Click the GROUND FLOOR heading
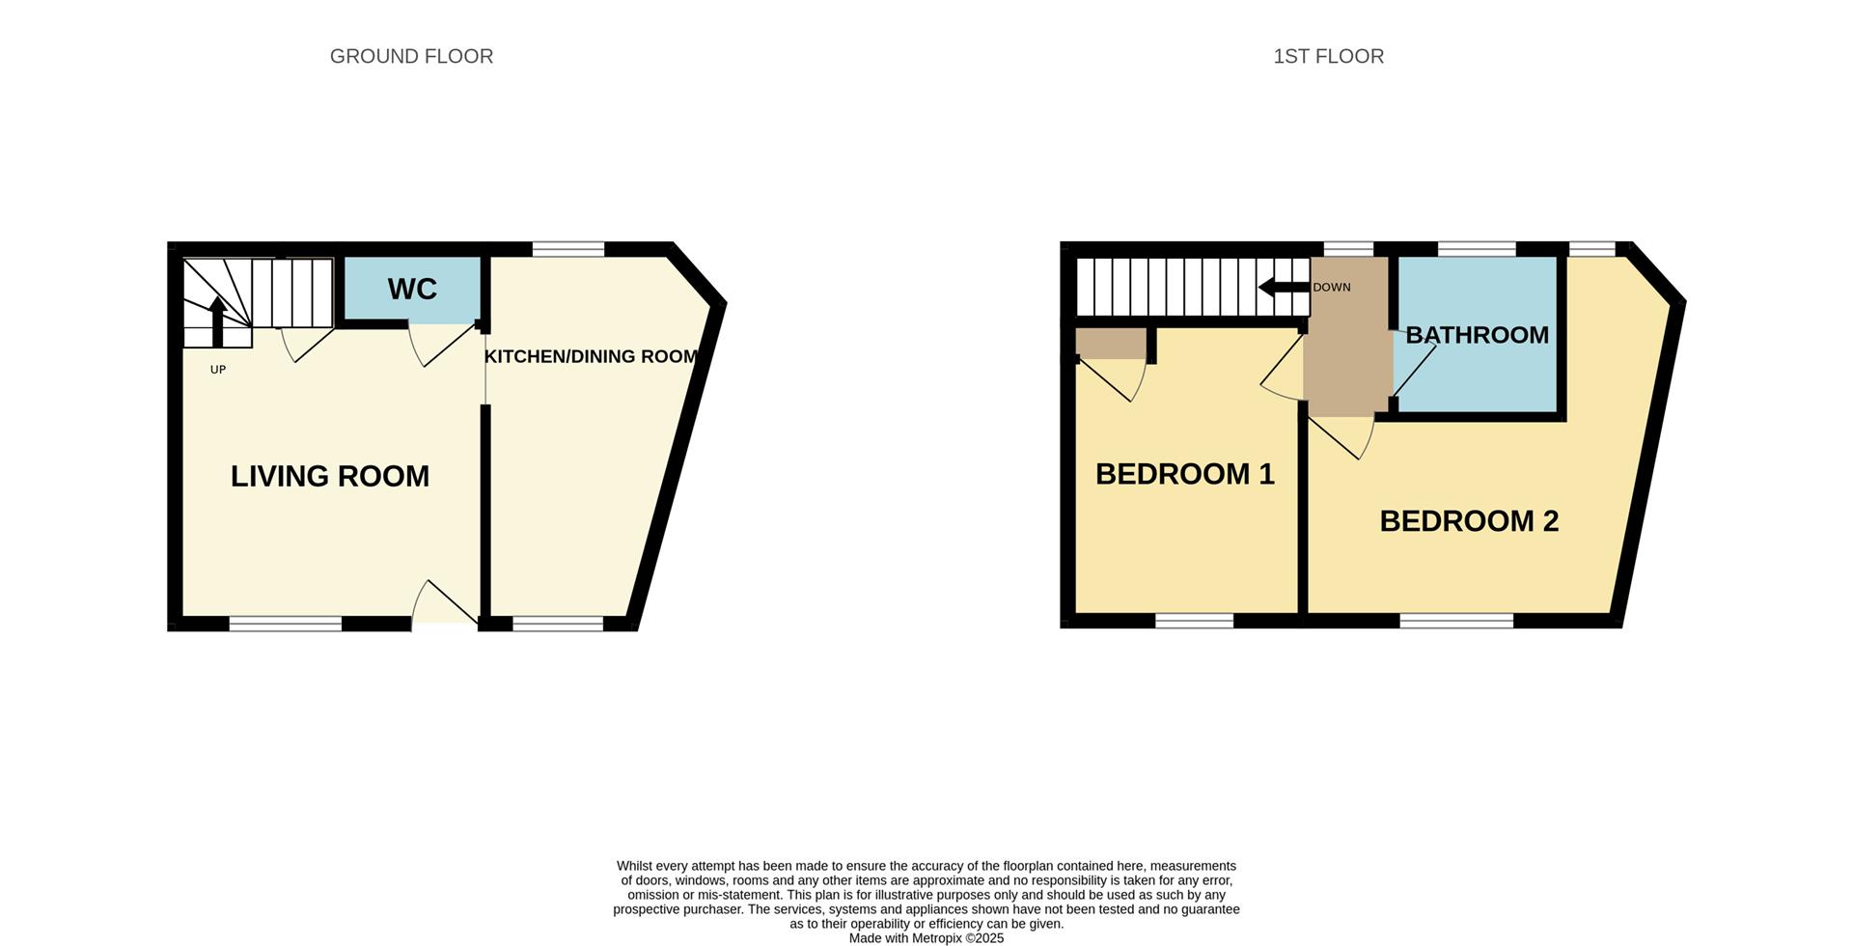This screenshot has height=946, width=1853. [411, 57]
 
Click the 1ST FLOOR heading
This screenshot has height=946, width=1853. [1328, 57]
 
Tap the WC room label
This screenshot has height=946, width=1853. [412, 289]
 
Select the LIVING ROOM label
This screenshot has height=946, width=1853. [330, 476]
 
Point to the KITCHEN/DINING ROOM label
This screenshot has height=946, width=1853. [591, 357]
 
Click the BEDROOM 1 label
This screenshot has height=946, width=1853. [1184, 474]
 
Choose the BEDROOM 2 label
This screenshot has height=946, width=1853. [1469, 521]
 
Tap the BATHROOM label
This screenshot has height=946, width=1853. [1477, 335]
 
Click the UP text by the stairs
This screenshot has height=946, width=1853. [218, 370]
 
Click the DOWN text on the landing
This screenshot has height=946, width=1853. [1332, 288]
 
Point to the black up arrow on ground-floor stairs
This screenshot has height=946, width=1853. [218, 320]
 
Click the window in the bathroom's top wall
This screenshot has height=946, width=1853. [1477, 249]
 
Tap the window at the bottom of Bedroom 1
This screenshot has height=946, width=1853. [1194, 621]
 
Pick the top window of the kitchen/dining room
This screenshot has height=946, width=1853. [568, 249]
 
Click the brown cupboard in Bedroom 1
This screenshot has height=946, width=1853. [1110, 344]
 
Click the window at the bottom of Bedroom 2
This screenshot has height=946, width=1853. [1456, 621]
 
